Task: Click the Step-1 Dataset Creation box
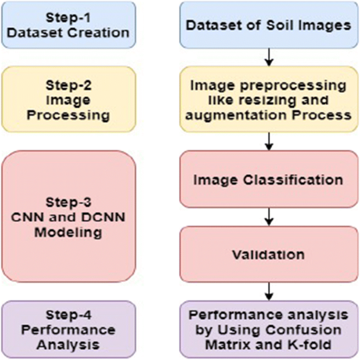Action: coord(68,25)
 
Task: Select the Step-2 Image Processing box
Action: coord(68,92)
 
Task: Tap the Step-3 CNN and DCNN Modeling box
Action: coord(68,217)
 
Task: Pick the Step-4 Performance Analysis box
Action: coord(68,330)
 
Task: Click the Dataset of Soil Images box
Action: coord(269,25)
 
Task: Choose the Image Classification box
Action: coord(269,180)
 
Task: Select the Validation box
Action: coord(269,255)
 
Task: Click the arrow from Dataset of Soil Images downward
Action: coord(269,57)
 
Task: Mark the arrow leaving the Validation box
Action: coord(269,290)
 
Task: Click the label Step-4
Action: coord(68,315)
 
